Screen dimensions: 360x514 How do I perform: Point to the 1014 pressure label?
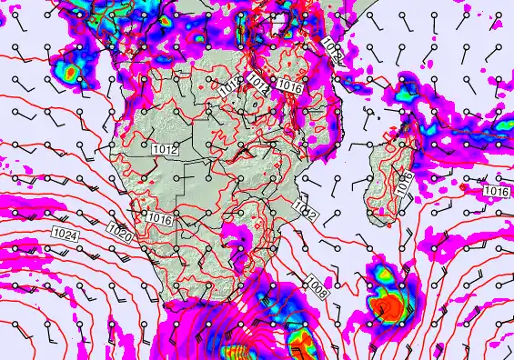point(257,85)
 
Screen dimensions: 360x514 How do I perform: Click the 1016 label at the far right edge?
point(496,191)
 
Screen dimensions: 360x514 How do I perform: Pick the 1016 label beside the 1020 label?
point(158,218)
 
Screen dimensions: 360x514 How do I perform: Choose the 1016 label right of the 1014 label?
point(289,86)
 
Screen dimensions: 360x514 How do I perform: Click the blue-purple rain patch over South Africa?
point(241,235)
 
